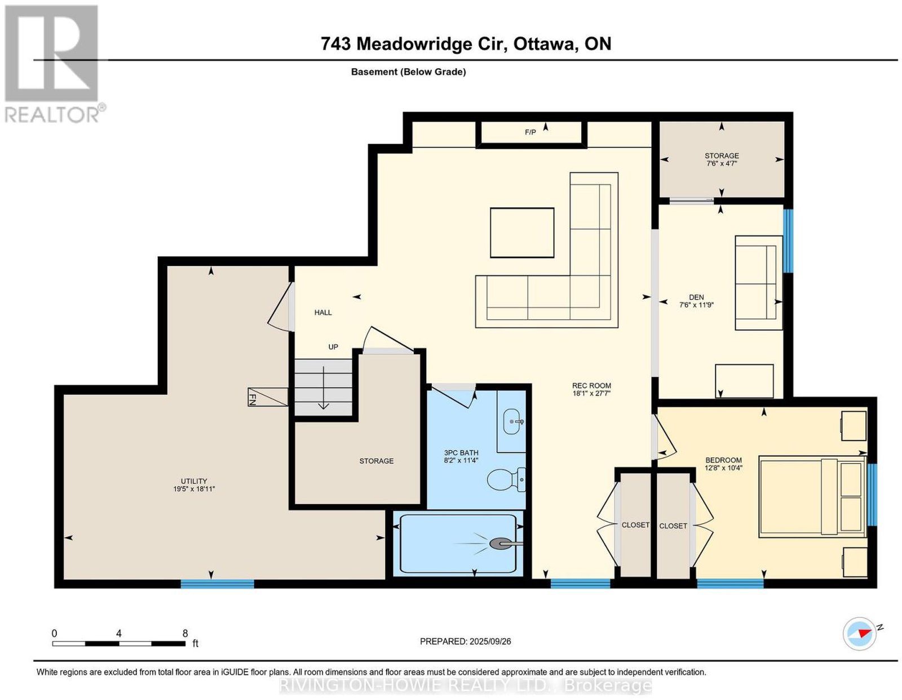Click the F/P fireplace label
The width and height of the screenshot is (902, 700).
(x=530, y=132)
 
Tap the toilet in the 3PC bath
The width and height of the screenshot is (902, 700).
(x=506, y=479)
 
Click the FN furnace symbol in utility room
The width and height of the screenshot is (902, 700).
(x=268, y=396)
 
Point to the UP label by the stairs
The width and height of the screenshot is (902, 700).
(x=333, y=347)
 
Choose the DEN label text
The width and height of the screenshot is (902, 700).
(x=696, y=297)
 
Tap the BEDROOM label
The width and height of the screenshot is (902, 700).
(x=723, y=460)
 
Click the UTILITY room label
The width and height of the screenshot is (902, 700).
(x=194, y=481)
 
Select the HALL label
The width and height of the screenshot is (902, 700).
(x=323, y=313)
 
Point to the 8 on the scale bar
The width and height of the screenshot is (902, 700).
(x=185, y=634)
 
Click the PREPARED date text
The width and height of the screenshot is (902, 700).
(x=465, y=641)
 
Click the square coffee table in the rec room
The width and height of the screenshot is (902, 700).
(x=522, y=233)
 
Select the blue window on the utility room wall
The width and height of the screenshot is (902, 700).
(x=217, y=584)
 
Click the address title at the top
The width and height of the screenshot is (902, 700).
(x=466, y=43)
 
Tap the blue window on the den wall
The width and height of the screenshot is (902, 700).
(x=788, y=241)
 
